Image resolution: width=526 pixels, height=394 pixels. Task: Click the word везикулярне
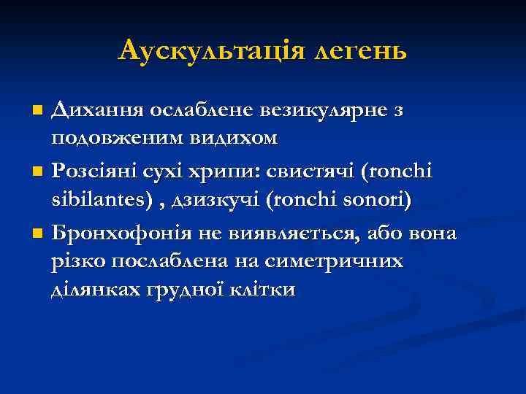pos(315,110)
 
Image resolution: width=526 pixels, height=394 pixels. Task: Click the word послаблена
pos(188,261)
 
